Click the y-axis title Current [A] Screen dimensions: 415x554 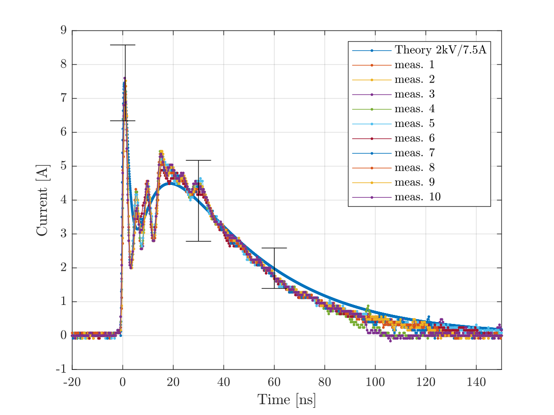coord(42,200)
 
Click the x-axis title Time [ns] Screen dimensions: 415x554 coord(286,400)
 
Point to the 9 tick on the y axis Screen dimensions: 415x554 coord(64,30)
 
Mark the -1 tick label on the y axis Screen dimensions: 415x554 coord(61,369)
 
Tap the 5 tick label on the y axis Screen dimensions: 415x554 coord(64,166)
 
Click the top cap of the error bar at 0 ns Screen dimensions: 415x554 coord(122,45)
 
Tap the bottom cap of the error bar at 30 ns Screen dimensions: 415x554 coord(198,241)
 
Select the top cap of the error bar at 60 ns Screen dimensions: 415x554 coord(274,248)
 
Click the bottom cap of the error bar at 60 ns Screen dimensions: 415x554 coord(274,288)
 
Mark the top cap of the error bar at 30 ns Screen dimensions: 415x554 coord(198,160)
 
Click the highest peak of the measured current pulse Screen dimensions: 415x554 coord(124,78)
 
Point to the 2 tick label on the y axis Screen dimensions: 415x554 coord(64,268)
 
